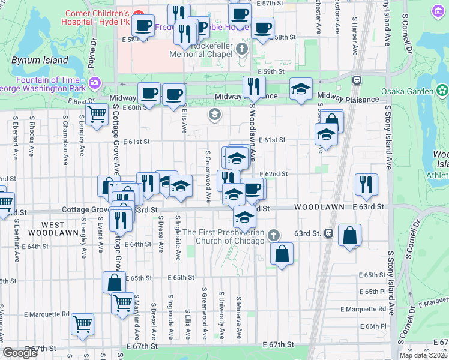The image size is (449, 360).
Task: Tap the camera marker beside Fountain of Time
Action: [x=94, y=82]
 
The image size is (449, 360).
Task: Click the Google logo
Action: [x=20, y=353]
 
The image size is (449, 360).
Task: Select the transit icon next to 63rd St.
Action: [x=328, y=233]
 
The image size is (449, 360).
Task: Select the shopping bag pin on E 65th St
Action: [x=114, y=281]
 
